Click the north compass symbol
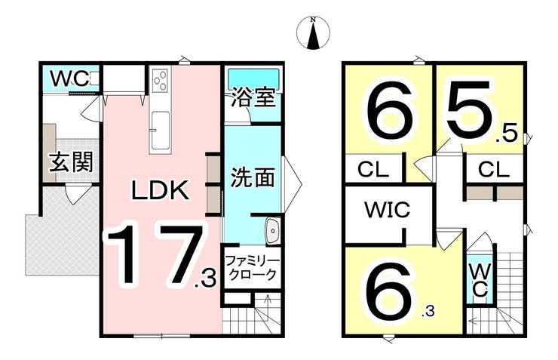click(313, 32)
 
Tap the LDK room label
click(160, 190)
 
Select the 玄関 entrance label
click(71, 162)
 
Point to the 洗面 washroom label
click(253, 177)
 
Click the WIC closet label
click(388, 210)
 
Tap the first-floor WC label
click(69, 79)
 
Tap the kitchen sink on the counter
click(160, 131)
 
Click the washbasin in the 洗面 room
click(273, 231)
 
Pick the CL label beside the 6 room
click(373, 170)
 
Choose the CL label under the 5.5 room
click(494, 170)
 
